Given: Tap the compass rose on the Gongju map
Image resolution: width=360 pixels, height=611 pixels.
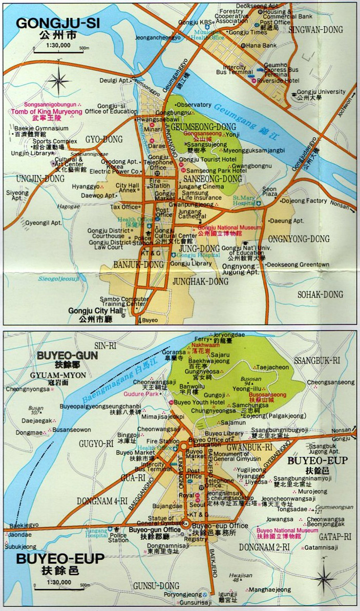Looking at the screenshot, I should (x=60, y=81).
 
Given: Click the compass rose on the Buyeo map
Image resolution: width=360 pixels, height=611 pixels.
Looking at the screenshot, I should (x=325, y=579).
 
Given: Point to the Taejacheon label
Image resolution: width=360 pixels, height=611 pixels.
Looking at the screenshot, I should (x=273, y=367).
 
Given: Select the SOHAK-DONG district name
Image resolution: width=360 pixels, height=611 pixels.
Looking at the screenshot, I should (x=320, y=294).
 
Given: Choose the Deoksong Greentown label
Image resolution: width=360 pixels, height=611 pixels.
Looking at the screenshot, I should (x=298, y=264).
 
